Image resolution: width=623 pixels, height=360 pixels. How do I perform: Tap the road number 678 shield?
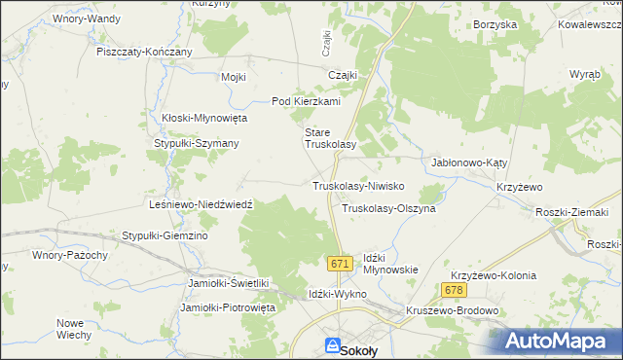tap(453, 291)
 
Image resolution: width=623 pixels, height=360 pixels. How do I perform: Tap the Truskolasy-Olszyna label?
tap(388, 208)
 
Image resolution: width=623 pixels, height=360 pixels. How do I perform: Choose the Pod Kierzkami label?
tap(305, 101)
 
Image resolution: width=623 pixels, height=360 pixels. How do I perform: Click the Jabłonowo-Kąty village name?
tap(470, 163)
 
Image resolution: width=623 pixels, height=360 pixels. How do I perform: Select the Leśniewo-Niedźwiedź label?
tap(199, 205)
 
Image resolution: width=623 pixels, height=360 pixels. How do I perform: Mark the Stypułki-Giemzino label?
tap(165, 235)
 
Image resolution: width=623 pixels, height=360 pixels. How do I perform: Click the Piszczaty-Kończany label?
tap(144, 52)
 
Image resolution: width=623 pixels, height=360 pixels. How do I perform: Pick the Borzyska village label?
tap(494, 24)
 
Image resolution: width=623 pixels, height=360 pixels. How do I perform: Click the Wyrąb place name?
tap(584, 74)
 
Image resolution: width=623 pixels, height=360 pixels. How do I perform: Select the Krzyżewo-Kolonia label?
tap(493, 275)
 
